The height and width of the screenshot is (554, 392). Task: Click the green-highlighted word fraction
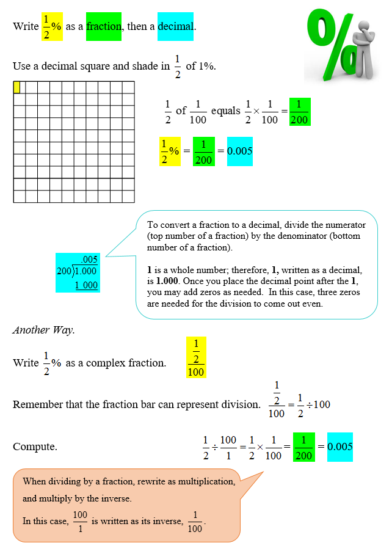tap(104, 26)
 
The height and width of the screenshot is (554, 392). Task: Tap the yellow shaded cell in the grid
tap(16, 87)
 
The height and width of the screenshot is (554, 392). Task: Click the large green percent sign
tap(333, 46)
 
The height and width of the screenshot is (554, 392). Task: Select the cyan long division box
tap(77, 272)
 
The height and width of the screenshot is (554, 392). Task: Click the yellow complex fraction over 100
tap(196, 357)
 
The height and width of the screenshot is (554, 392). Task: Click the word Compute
tap(35, 446)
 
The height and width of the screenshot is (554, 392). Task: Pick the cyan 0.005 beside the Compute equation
tap(339, 446)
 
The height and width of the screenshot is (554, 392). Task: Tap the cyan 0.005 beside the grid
tap(239, 151)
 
